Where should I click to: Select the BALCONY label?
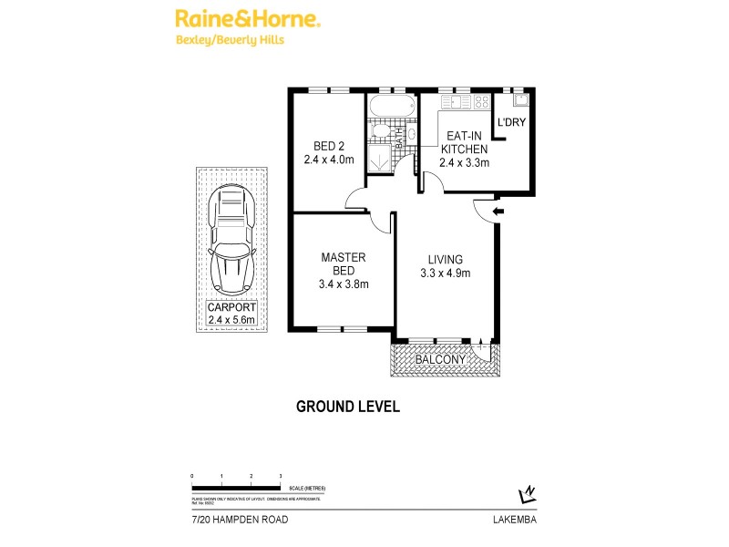[x=441, y=360]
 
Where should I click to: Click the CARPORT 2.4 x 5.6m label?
[x=231, y=313]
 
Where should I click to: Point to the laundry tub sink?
[x=519, y=100]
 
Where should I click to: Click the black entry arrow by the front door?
[x=496, y=212]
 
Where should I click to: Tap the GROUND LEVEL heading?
[x=348, y=407]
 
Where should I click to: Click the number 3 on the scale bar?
[x=280, y=476]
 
